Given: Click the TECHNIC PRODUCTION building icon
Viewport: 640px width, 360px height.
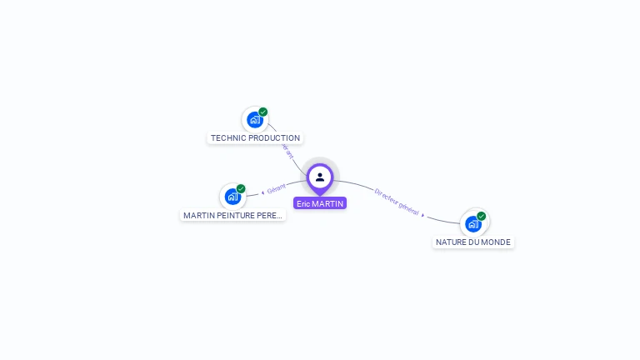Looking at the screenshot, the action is pyautogui.click(x=254, y=120).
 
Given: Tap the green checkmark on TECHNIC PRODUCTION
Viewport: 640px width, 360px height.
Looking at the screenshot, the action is pyautogui.click(x=263, y=112).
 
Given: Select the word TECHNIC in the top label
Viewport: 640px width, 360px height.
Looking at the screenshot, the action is pyautogui.click(x=228, y=138).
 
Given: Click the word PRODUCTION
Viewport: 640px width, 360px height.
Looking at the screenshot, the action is pyautogui.click(x=275, y=138).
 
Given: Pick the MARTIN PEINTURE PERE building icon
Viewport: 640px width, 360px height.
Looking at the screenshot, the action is pyautogui.click(x=232, y=197).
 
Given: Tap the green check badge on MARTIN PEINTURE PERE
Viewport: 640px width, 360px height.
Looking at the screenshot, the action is pyautogui.click(x=241, y=188).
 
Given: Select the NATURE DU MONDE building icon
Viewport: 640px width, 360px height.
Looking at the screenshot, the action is pyautogui.click(x=472, y=223).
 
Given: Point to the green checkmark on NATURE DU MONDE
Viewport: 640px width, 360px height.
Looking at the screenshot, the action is pyautogui.click(x=482, y=216).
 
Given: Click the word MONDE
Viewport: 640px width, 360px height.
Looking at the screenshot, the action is pyautogui.click(x=497, y=242).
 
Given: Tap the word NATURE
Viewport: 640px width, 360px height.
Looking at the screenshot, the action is pyautogui.click(x=450, y=242).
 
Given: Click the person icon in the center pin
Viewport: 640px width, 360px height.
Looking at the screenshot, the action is pyautogui.click(x=320, y=177).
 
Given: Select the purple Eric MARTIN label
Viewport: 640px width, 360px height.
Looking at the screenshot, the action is pyautogui.click(x=320, y=203).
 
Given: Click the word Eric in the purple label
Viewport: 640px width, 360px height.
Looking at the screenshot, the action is pyautogui.click(x=303, y=203).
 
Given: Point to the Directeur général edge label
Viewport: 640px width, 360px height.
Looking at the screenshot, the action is pyautogui.click(x=397, y=201).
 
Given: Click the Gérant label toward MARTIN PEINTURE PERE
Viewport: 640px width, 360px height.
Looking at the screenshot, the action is pyautogui.click(x=277, y=187).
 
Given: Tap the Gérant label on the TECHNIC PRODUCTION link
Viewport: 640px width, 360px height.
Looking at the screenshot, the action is pyautogui.click(x=287, y=151).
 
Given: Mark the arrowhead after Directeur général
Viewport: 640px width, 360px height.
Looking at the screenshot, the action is pyautogui.click(x=422, y=215).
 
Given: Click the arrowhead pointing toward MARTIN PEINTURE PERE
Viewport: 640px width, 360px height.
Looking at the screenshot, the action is pyautogui.click(x=263, y=192).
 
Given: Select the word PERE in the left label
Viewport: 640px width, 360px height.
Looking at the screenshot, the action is pyautogui.click(x=271, y=216).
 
